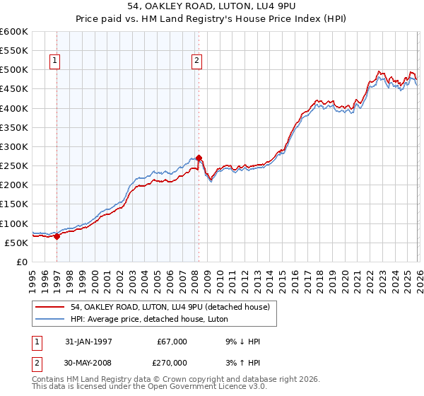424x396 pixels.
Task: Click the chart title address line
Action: pos(212,6)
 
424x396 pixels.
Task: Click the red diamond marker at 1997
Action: pos(57,236)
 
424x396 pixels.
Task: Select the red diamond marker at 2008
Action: pos(199,158)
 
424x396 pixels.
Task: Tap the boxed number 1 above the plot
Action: pos(55,62)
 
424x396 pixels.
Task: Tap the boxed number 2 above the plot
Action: pos(196,62)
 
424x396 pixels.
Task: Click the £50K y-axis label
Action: pos(16,243)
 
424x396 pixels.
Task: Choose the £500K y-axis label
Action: pos(14,70)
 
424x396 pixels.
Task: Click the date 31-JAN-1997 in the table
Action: pos(89,342)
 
